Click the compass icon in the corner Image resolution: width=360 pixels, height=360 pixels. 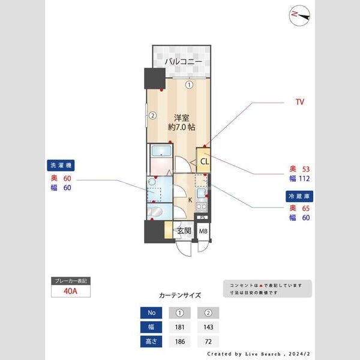300,16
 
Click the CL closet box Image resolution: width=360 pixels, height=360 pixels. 205,161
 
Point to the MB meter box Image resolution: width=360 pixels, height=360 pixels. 203,232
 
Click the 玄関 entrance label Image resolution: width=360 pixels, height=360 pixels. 184,231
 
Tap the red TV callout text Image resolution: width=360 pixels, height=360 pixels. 299,103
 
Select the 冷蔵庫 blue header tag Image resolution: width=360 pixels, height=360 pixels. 299,196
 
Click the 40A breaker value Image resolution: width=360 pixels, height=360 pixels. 71,292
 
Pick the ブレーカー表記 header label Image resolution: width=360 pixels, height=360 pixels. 71,281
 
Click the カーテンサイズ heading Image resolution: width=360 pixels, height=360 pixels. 180,295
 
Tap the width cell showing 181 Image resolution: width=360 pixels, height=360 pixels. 180,327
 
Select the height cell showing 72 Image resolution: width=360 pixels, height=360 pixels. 208,341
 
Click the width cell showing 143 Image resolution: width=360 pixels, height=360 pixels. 208,327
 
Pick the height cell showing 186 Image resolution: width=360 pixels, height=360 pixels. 180,341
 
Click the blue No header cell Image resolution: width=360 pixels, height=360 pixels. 151,313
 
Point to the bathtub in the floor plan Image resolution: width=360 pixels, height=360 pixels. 160,151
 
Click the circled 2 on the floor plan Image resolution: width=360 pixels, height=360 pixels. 153,116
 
